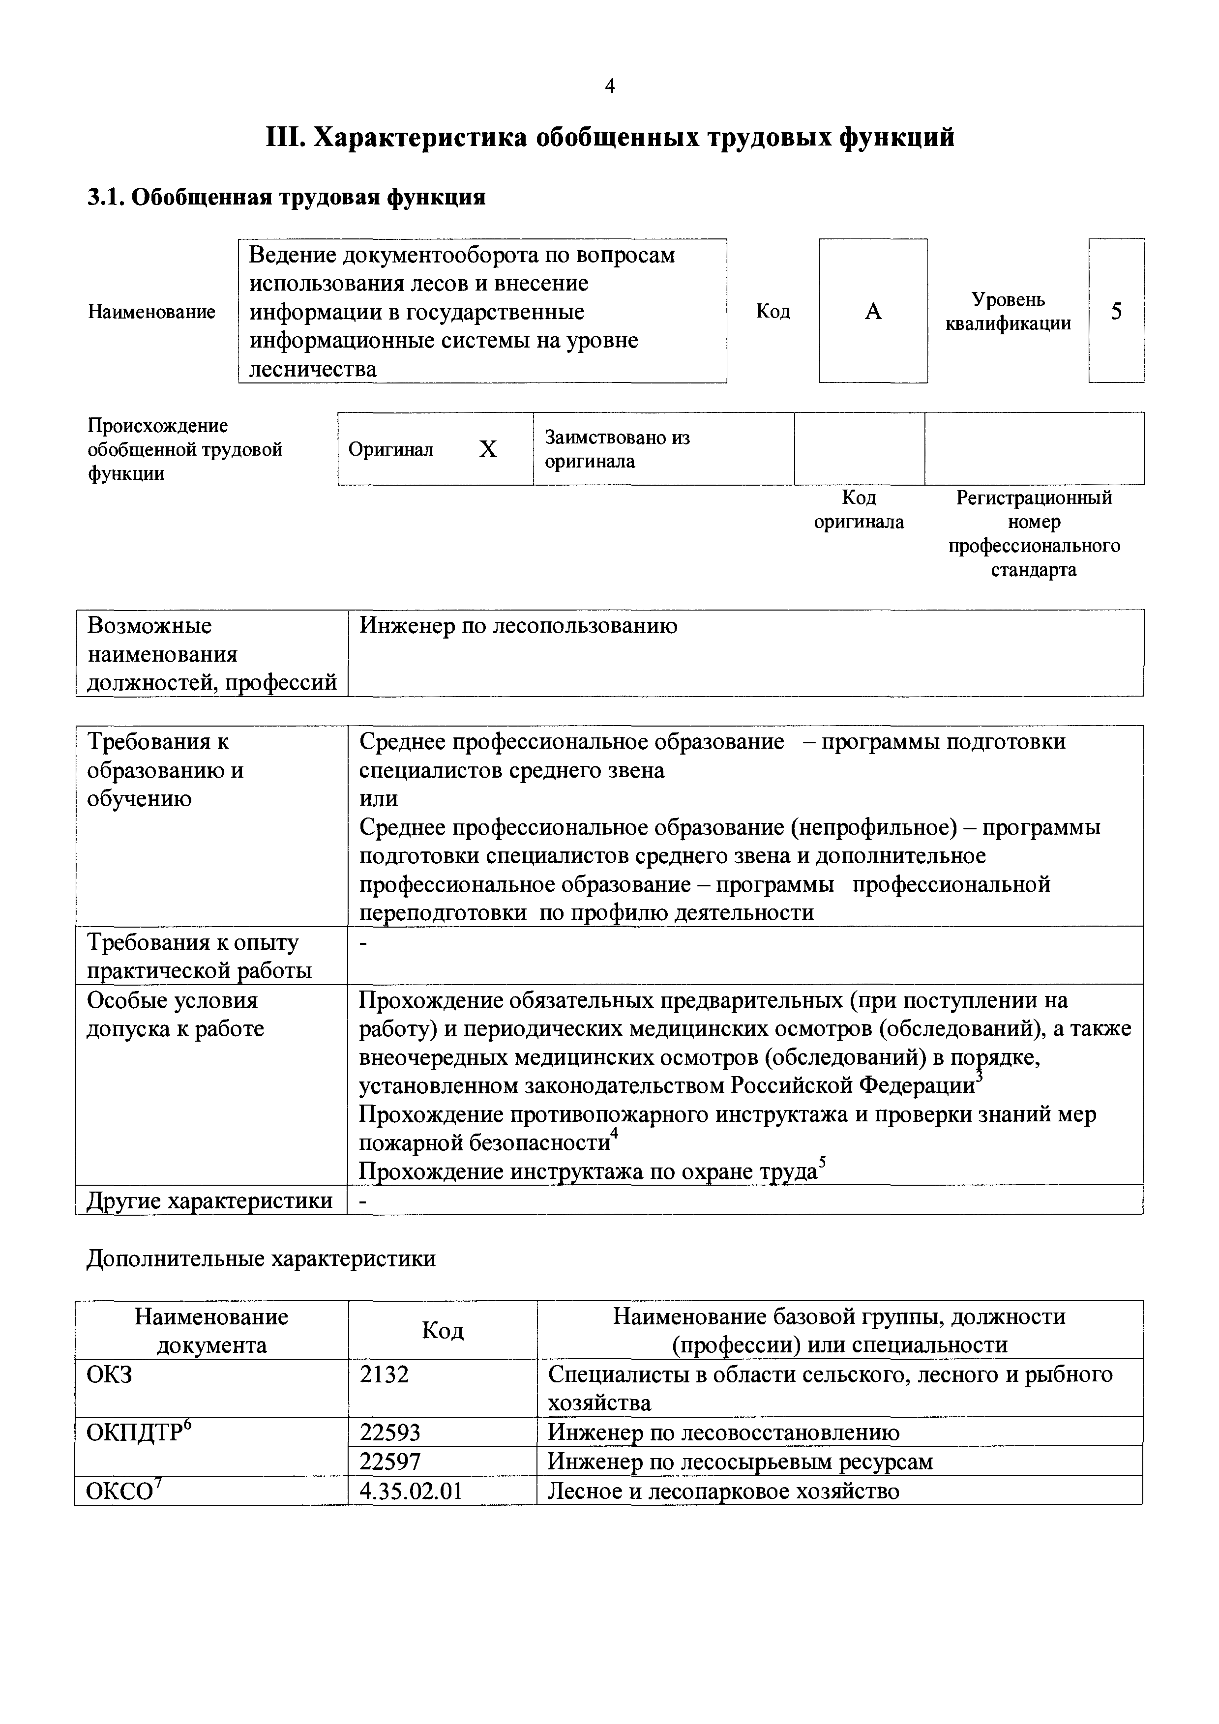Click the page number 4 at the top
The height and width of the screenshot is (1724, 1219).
pos(610,87)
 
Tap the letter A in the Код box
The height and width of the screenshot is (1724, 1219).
pos(873,311)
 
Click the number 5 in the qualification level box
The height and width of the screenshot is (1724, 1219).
pos(1116,311)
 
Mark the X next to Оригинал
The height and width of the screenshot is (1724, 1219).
pos(488,449)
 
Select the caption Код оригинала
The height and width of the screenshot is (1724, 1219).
pos(859,510)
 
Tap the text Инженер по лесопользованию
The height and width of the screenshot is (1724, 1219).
pos(518,625)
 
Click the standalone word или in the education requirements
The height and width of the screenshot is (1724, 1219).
pos(379,799)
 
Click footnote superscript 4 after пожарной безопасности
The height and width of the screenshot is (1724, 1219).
pos(614,1133)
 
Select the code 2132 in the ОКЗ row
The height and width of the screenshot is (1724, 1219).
pos(384,1374)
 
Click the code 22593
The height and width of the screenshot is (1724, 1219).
pos(390,1432)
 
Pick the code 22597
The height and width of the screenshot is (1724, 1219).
pos(390,1461)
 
